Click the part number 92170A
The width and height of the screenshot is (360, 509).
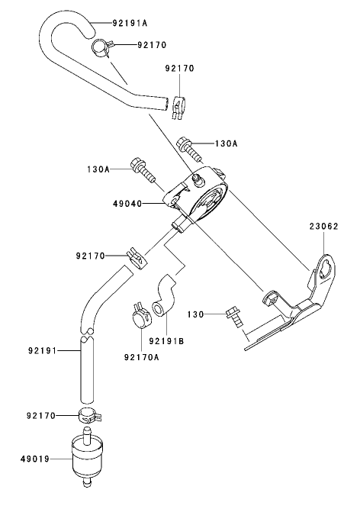pos(142,356)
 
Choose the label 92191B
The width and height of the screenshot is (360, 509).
pos(167,340)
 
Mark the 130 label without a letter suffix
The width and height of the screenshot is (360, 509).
pos(195,314)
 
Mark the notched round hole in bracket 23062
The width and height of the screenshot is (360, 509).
pos(325,268)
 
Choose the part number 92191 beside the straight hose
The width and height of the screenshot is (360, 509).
pos(43,351)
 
